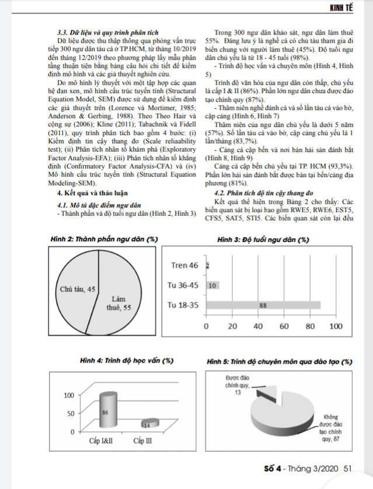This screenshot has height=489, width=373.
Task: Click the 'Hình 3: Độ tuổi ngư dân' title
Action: tap(263, 240)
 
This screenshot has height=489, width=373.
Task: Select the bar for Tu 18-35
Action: tap(263, 305)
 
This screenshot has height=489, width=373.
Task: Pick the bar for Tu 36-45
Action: tap(212, 286)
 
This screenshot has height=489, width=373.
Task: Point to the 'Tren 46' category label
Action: tap(185, 266)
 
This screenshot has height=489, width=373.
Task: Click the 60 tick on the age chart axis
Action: tap(284, 327)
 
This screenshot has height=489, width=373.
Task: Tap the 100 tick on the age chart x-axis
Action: tap(337, 327)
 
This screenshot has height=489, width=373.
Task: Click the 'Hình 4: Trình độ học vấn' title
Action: tap(125, 361)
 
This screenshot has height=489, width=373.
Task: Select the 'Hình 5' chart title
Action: tap(279, 361)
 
